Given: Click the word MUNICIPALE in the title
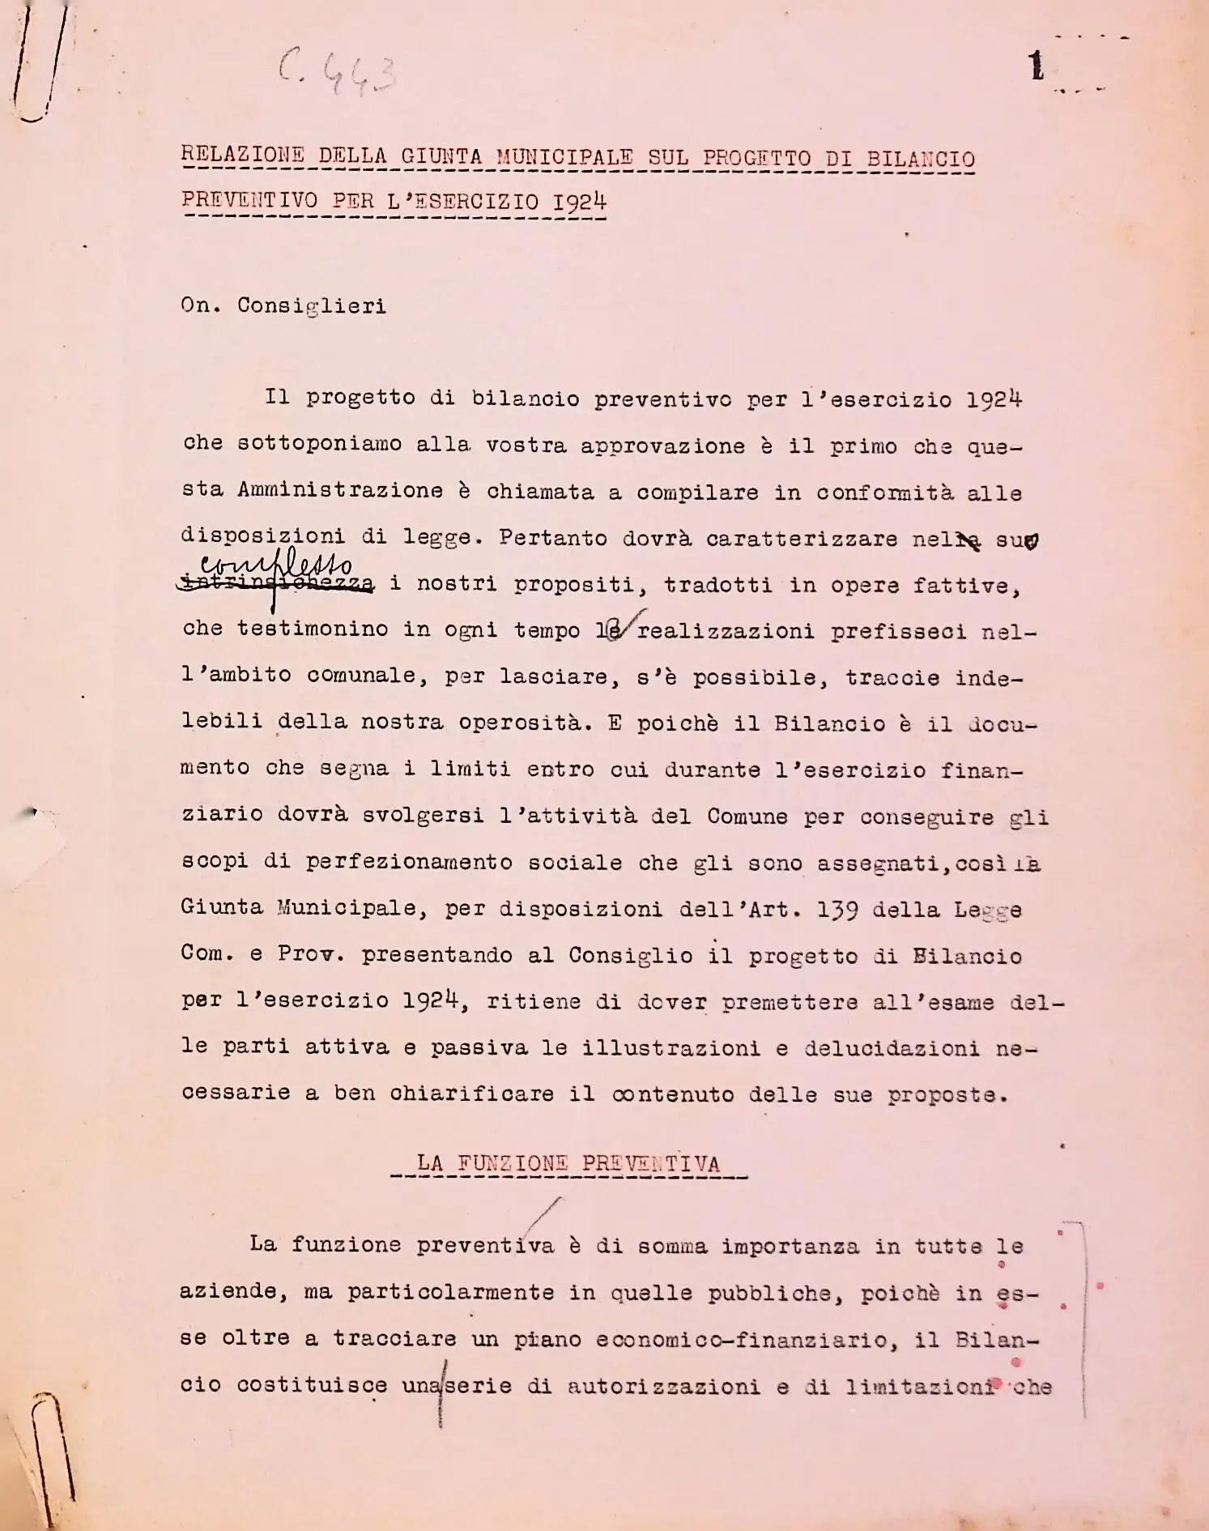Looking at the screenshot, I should (564, 157).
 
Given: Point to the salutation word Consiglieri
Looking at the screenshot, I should (312, 306).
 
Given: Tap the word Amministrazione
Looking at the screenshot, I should (340, 491).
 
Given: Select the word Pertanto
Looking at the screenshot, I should (552, 539).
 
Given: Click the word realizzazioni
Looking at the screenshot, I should (726, 630).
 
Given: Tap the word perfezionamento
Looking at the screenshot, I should (409, 863).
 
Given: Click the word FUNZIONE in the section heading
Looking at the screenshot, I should (513, 1165).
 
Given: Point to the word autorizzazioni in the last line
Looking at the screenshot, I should (663, 1387).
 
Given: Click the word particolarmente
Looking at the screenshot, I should (451, 1293).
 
